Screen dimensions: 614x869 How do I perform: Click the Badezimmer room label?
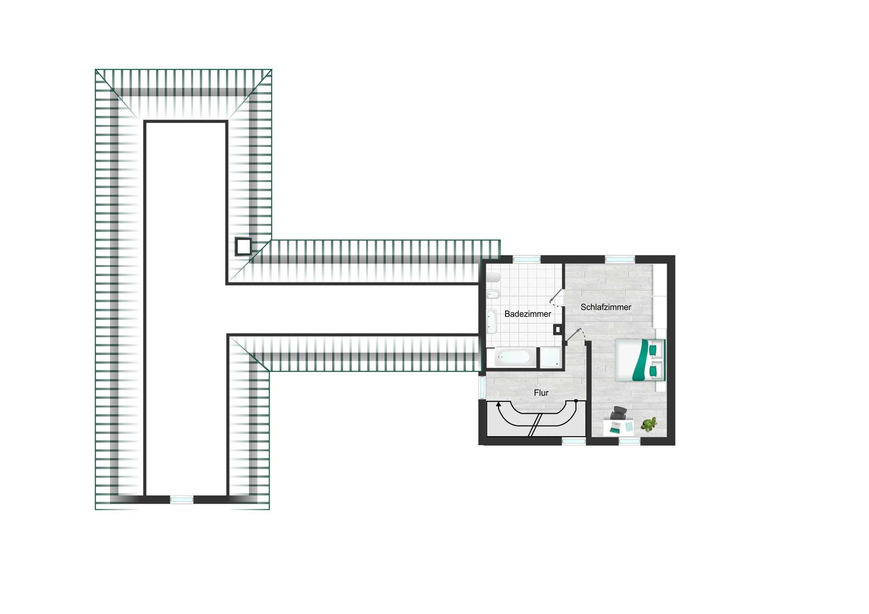[527, 314]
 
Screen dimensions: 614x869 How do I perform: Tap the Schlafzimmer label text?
[606, 307]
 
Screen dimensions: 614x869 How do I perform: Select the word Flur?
[541, 393]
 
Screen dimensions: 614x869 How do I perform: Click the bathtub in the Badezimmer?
[513, 357]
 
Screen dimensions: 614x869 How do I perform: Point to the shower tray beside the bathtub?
[550, 357]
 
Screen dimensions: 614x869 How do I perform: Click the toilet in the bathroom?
[493, 277]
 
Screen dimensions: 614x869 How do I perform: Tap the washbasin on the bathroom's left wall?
[491, 321]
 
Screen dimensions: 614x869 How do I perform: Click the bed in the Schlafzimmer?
[640, 360]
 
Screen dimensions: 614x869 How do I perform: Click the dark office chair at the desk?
[619, 413]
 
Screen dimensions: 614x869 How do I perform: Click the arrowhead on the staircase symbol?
[498, 405]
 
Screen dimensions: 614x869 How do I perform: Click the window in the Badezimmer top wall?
[526, 259]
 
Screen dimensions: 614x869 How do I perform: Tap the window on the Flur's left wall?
[482, 387]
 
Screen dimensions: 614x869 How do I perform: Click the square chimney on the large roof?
[244, 247]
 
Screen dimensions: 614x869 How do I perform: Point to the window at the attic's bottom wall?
[181, 500]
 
